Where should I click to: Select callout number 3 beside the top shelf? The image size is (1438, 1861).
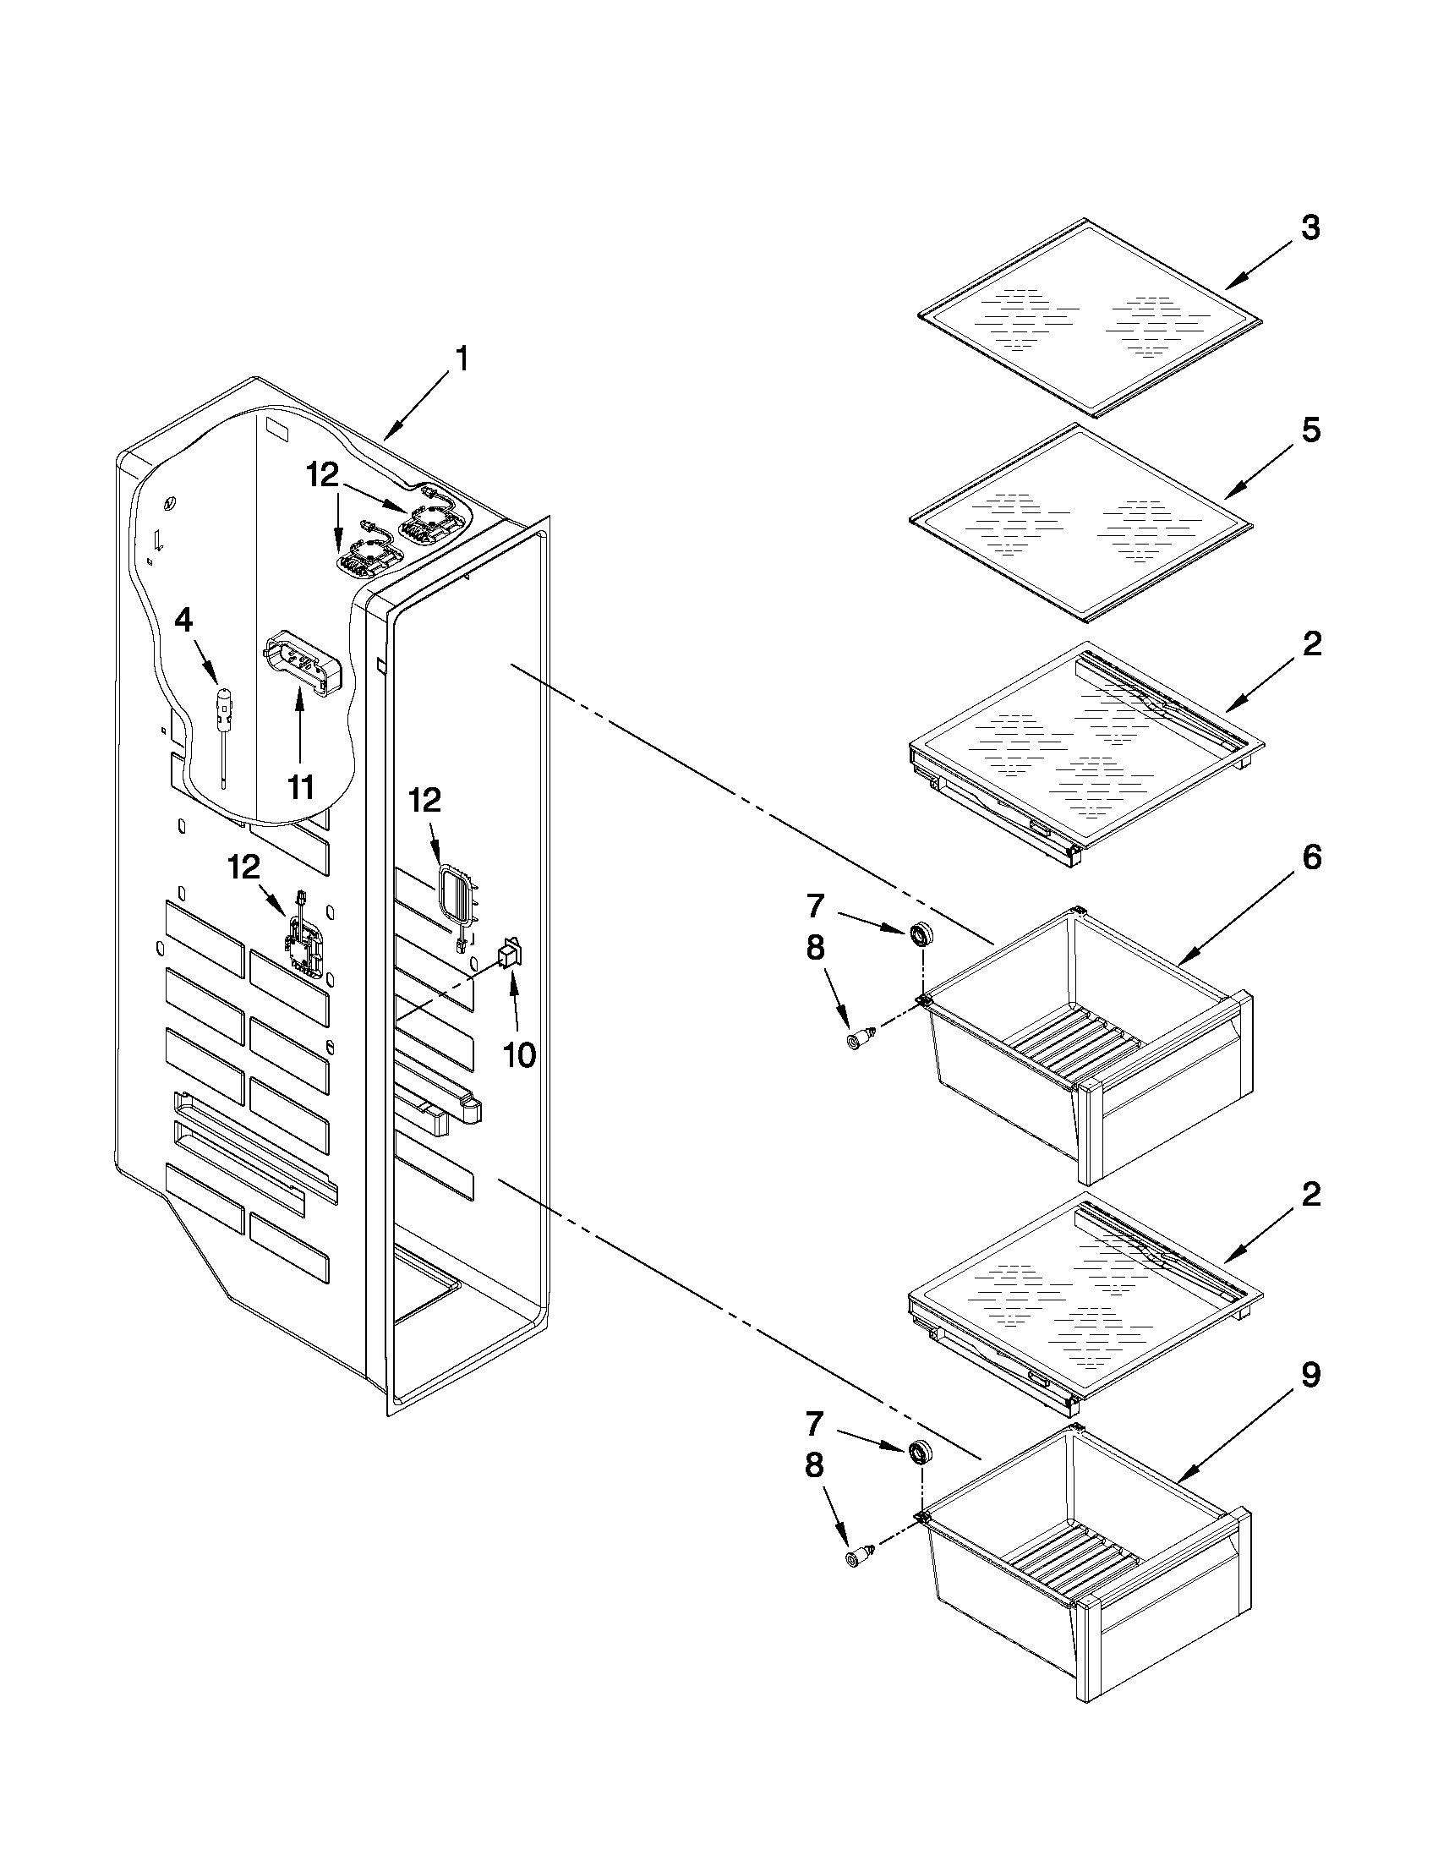point(1310,228)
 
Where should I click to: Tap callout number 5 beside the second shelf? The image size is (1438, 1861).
point(1310,430)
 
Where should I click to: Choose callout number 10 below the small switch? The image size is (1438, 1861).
point(518,1055)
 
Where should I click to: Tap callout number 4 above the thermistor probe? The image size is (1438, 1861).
point(183,621)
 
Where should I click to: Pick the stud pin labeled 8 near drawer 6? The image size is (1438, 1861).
point(858,1039)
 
